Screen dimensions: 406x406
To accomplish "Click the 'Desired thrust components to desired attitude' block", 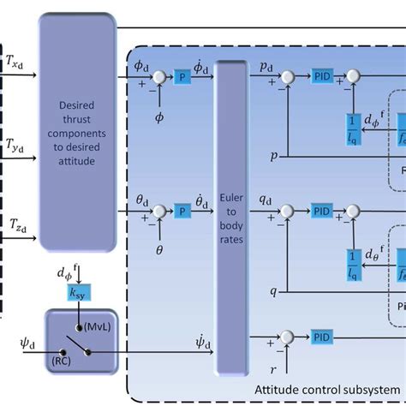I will (77, 134).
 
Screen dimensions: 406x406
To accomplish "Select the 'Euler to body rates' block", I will (229, 218).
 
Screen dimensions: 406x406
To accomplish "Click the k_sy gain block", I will (79, 294).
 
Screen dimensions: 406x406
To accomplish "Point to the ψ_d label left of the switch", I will (15, 349).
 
